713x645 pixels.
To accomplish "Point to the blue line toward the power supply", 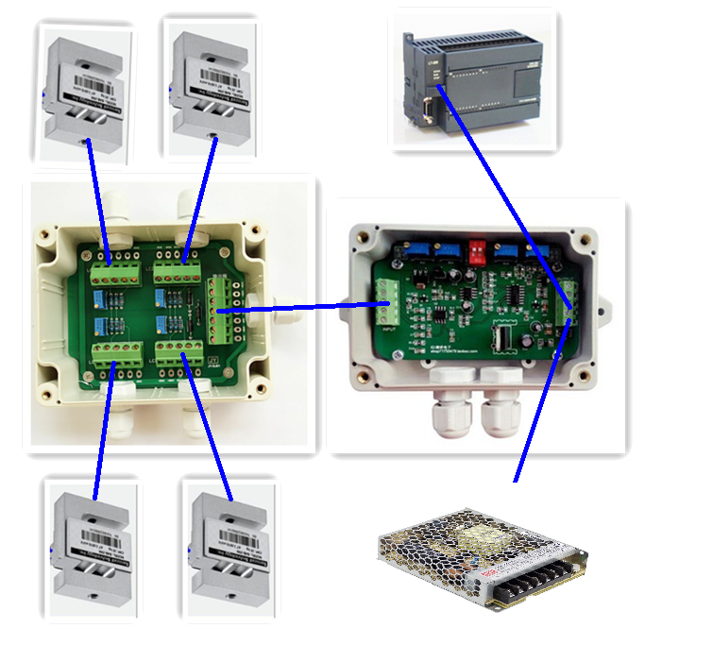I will pos(538,406).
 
